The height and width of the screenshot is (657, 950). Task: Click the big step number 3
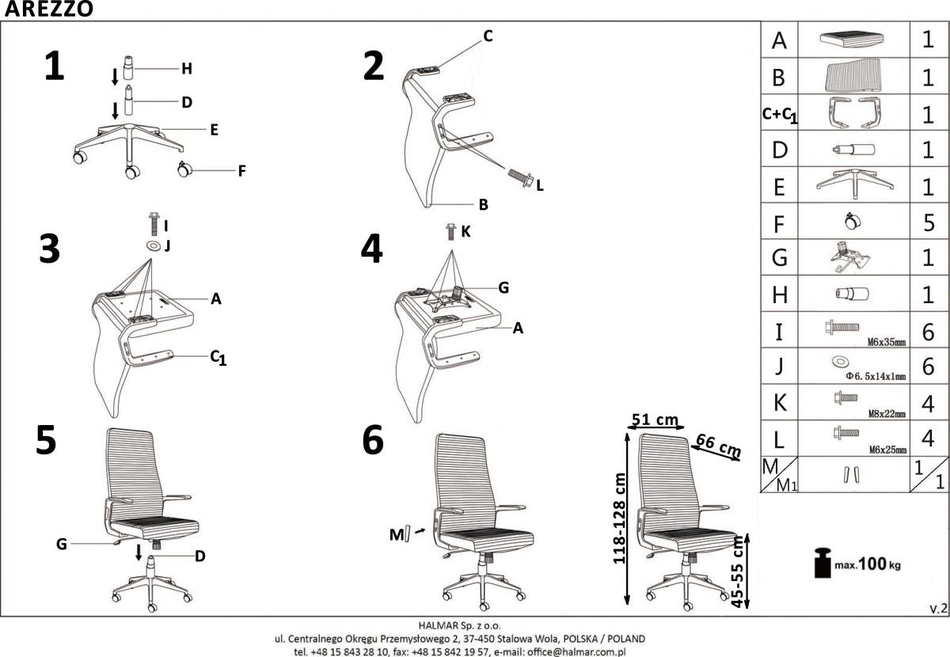(50, 249)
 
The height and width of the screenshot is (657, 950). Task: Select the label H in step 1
(187, 69)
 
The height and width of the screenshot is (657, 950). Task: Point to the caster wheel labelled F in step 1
(184, 169)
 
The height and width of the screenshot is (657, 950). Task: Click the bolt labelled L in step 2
(520, 177)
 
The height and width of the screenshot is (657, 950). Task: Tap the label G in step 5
(61, 544)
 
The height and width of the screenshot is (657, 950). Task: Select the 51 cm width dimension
(655, 419)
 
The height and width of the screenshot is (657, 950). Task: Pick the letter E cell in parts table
(779, 187)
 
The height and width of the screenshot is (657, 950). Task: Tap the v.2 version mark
(937, 608)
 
